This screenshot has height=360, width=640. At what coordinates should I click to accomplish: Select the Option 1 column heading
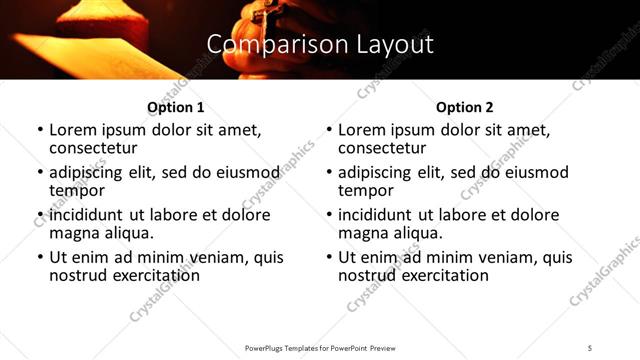175,107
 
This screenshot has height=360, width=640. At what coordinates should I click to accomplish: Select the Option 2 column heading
464,107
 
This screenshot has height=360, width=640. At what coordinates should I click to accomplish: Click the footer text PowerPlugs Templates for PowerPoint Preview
319,348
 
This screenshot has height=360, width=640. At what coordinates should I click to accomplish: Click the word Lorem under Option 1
72,130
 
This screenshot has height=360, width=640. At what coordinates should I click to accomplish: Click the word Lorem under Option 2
361,130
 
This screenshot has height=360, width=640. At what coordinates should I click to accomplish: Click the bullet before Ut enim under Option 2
329,257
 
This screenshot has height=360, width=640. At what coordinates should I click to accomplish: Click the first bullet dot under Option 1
40,130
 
